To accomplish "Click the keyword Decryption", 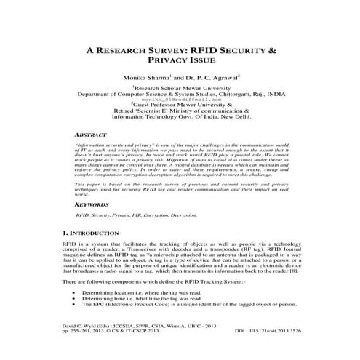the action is pos(182,216).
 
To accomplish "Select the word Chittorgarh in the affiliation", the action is pos(229,95).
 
